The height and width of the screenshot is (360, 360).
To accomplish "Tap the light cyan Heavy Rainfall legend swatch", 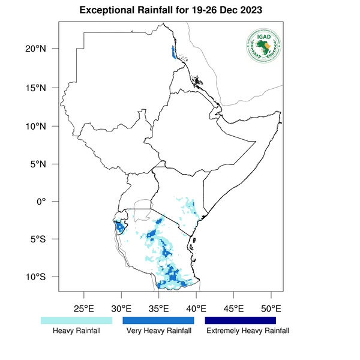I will point(76,321).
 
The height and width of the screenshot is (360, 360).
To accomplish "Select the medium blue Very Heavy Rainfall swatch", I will point(158,321).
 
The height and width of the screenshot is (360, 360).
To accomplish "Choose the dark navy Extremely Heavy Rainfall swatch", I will point(241,321).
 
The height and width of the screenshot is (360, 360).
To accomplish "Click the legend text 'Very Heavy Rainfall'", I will point(159,331).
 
